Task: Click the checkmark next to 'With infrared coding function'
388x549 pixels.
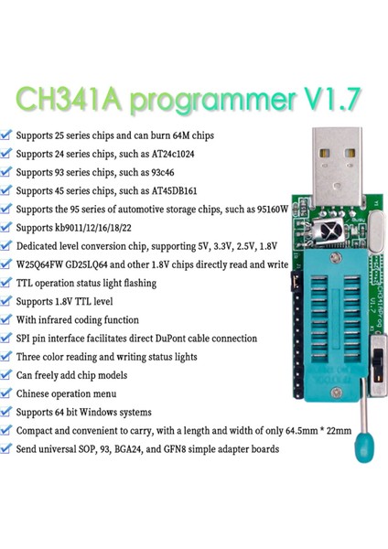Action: pyautogui.click(x=7, y=312)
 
